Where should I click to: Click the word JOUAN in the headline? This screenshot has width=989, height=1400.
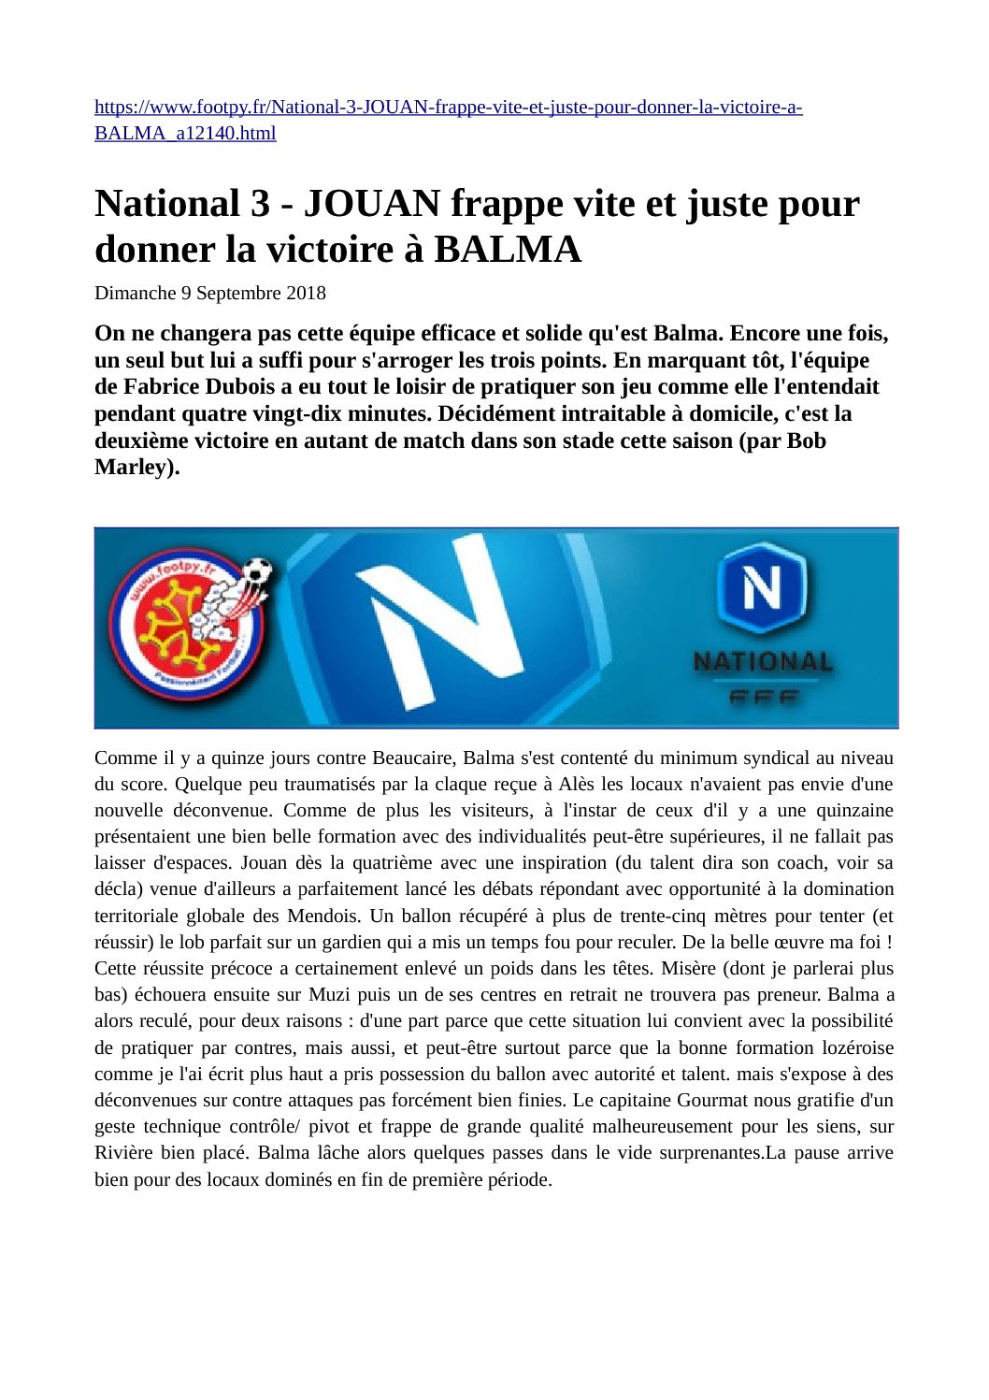pyautogui.click(x=372, y=204)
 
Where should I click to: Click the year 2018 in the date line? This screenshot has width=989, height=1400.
pyautogui.click(x=306, y=293)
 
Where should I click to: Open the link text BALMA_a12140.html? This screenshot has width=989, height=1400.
pyautogui.click(x=185, y=133)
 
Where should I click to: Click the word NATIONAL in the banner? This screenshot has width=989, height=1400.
pyautogui.click(x=762, y=661)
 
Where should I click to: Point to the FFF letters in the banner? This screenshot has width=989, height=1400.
pyautogui.click(x=762, y=697)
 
